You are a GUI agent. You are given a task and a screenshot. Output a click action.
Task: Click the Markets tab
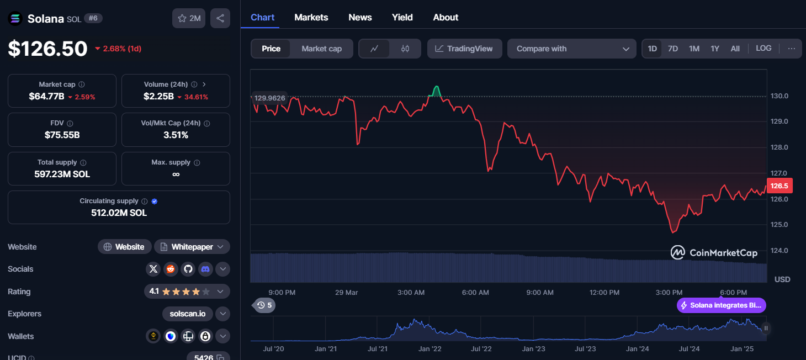pos(311,17)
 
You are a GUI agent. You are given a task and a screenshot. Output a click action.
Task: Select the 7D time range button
pos(673,49)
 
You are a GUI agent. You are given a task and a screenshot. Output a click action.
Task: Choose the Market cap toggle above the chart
pos(322,49)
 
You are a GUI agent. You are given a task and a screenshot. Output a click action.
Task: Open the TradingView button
pos(464,49)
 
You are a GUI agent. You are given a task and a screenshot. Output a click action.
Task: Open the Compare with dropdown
pos(572,49)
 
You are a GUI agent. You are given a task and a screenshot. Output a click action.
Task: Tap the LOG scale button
pos(763,48)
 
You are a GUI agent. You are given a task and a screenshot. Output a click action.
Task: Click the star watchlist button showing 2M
pos(189,18)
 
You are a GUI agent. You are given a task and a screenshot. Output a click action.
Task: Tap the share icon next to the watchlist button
pos(220,18)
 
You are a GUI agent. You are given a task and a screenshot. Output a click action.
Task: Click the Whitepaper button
pos(192,247)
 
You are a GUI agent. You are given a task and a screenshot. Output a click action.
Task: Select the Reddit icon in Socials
pos(171,269)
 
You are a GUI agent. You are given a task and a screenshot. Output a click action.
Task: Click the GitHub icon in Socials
pos(188,269)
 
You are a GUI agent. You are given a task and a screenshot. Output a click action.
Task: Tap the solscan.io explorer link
pos(188,314)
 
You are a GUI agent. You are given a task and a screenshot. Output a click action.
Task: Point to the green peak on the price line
pos(437,87)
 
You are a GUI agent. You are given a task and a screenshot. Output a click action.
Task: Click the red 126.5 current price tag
pos(780,186)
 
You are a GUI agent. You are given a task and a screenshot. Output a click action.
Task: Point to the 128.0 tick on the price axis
pos(779,147)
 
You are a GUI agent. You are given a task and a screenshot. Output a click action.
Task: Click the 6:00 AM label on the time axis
pos(475,292)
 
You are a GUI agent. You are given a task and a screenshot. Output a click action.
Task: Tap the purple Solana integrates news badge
pos(722,305)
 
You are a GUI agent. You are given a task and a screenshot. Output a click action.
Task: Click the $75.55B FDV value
pos(62,135)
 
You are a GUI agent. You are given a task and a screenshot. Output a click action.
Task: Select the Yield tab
pos(402,17)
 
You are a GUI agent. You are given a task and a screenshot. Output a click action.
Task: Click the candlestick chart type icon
pos(405,49)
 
